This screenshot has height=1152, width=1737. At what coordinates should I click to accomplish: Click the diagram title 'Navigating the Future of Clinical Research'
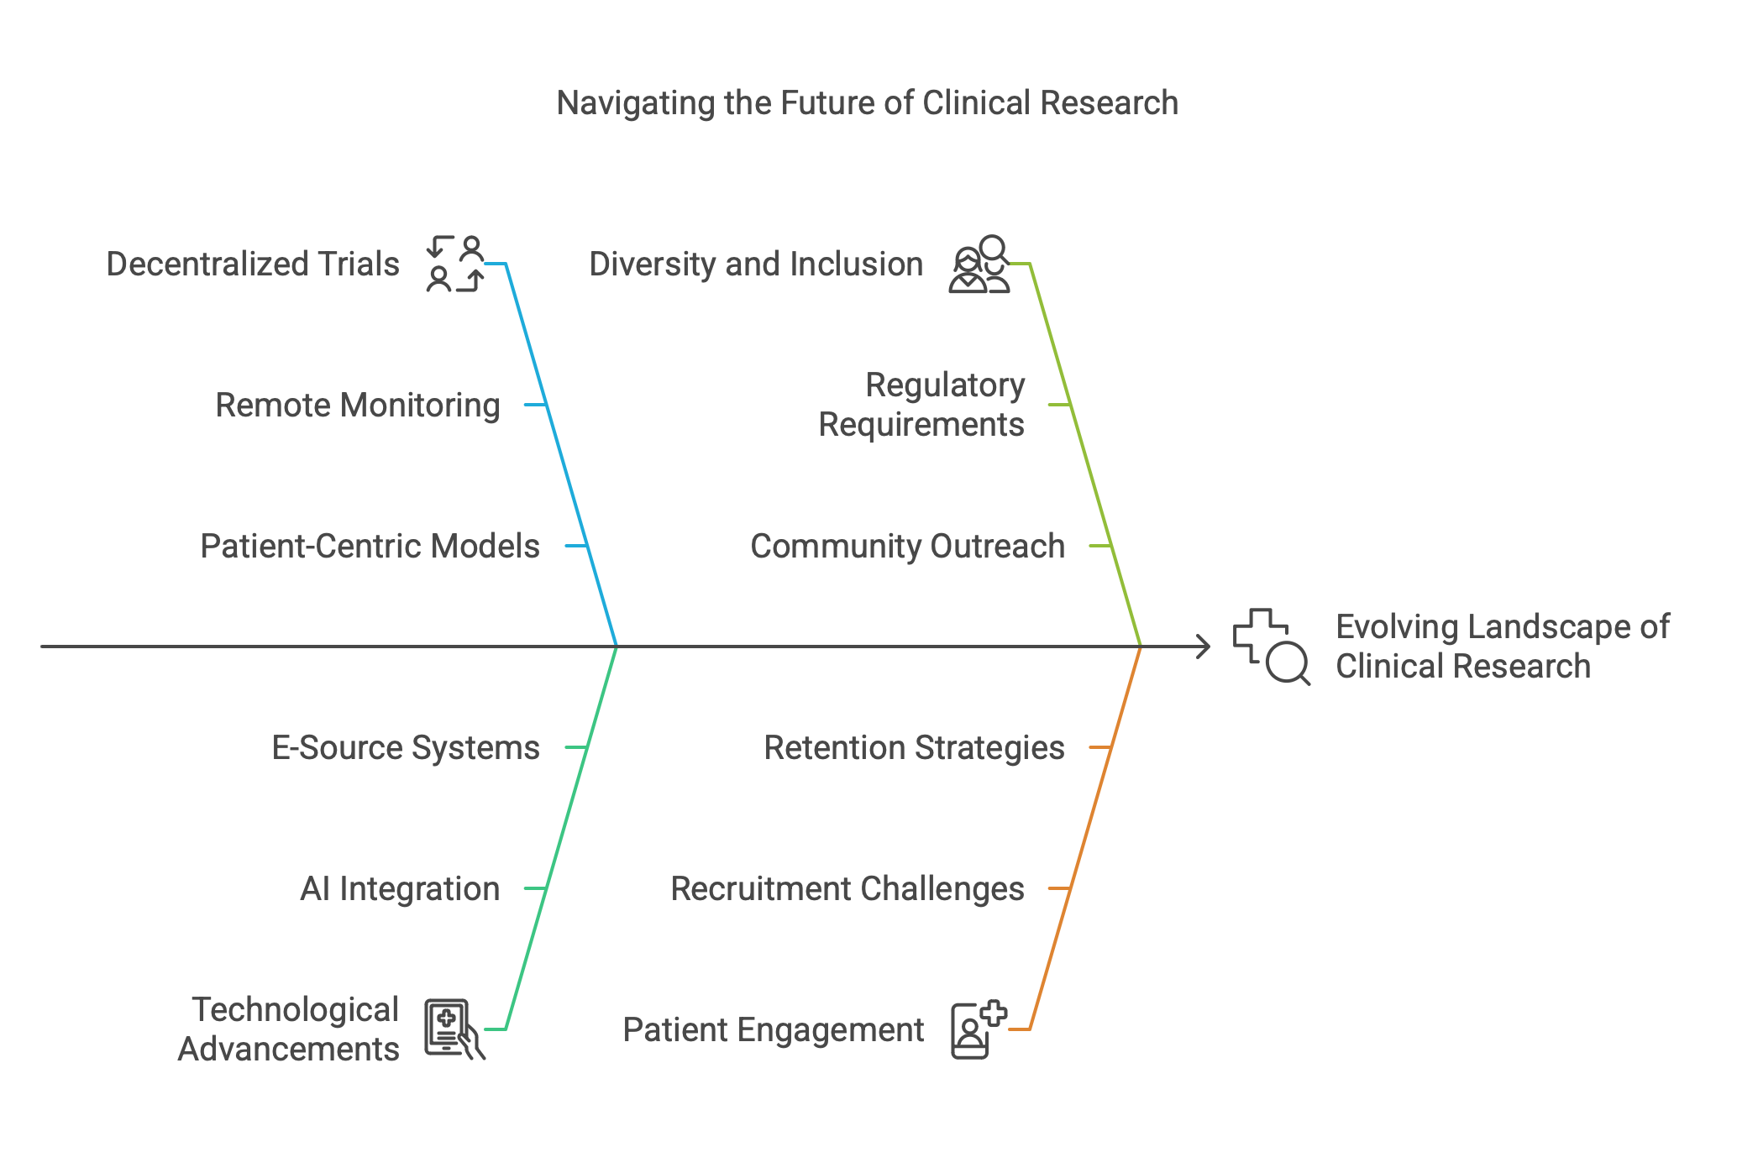point(868,103)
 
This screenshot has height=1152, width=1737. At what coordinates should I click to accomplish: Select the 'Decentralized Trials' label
point(253,264)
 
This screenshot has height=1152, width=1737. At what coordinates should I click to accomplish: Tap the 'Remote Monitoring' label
point(358,406)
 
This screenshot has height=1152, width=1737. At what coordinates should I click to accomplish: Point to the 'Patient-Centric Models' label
point(370,547)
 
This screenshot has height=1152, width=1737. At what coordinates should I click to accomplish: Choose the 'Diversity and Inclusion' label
point(756,264)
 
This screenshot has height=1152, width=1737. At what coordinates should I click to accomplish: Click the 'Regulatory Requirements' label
point(922,405)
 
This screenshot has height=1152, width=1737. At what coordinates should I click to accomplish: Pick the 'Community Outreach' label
point(907,547)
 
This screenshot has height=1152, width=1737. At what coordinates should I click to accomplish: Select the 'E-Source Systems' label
point(406,748)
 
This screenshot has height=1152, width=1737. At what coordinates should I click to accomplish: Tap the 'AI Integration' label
point(400,889)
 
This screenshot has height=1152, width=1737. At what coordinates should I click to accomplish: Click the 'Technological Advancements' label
point(288,1029)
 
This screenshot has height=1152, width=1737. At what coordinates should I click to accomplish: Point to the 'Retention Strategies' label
point(915,748)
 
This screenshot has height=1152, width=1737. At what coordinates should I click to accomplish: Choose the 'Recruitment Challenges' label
point(848,889)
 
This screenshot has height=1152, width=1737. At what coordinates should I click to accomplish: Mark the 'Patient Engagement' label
point(774,1030)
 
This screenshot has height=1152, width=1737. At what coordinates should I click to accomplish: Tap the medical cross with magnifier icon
point(1271,647)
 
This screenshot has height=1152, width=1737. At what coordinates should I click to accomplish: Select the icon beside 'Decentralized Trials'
point(455,264)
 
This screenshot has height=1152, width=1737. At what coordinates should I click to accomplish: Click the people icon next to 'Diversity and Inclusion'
point(979,264)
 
